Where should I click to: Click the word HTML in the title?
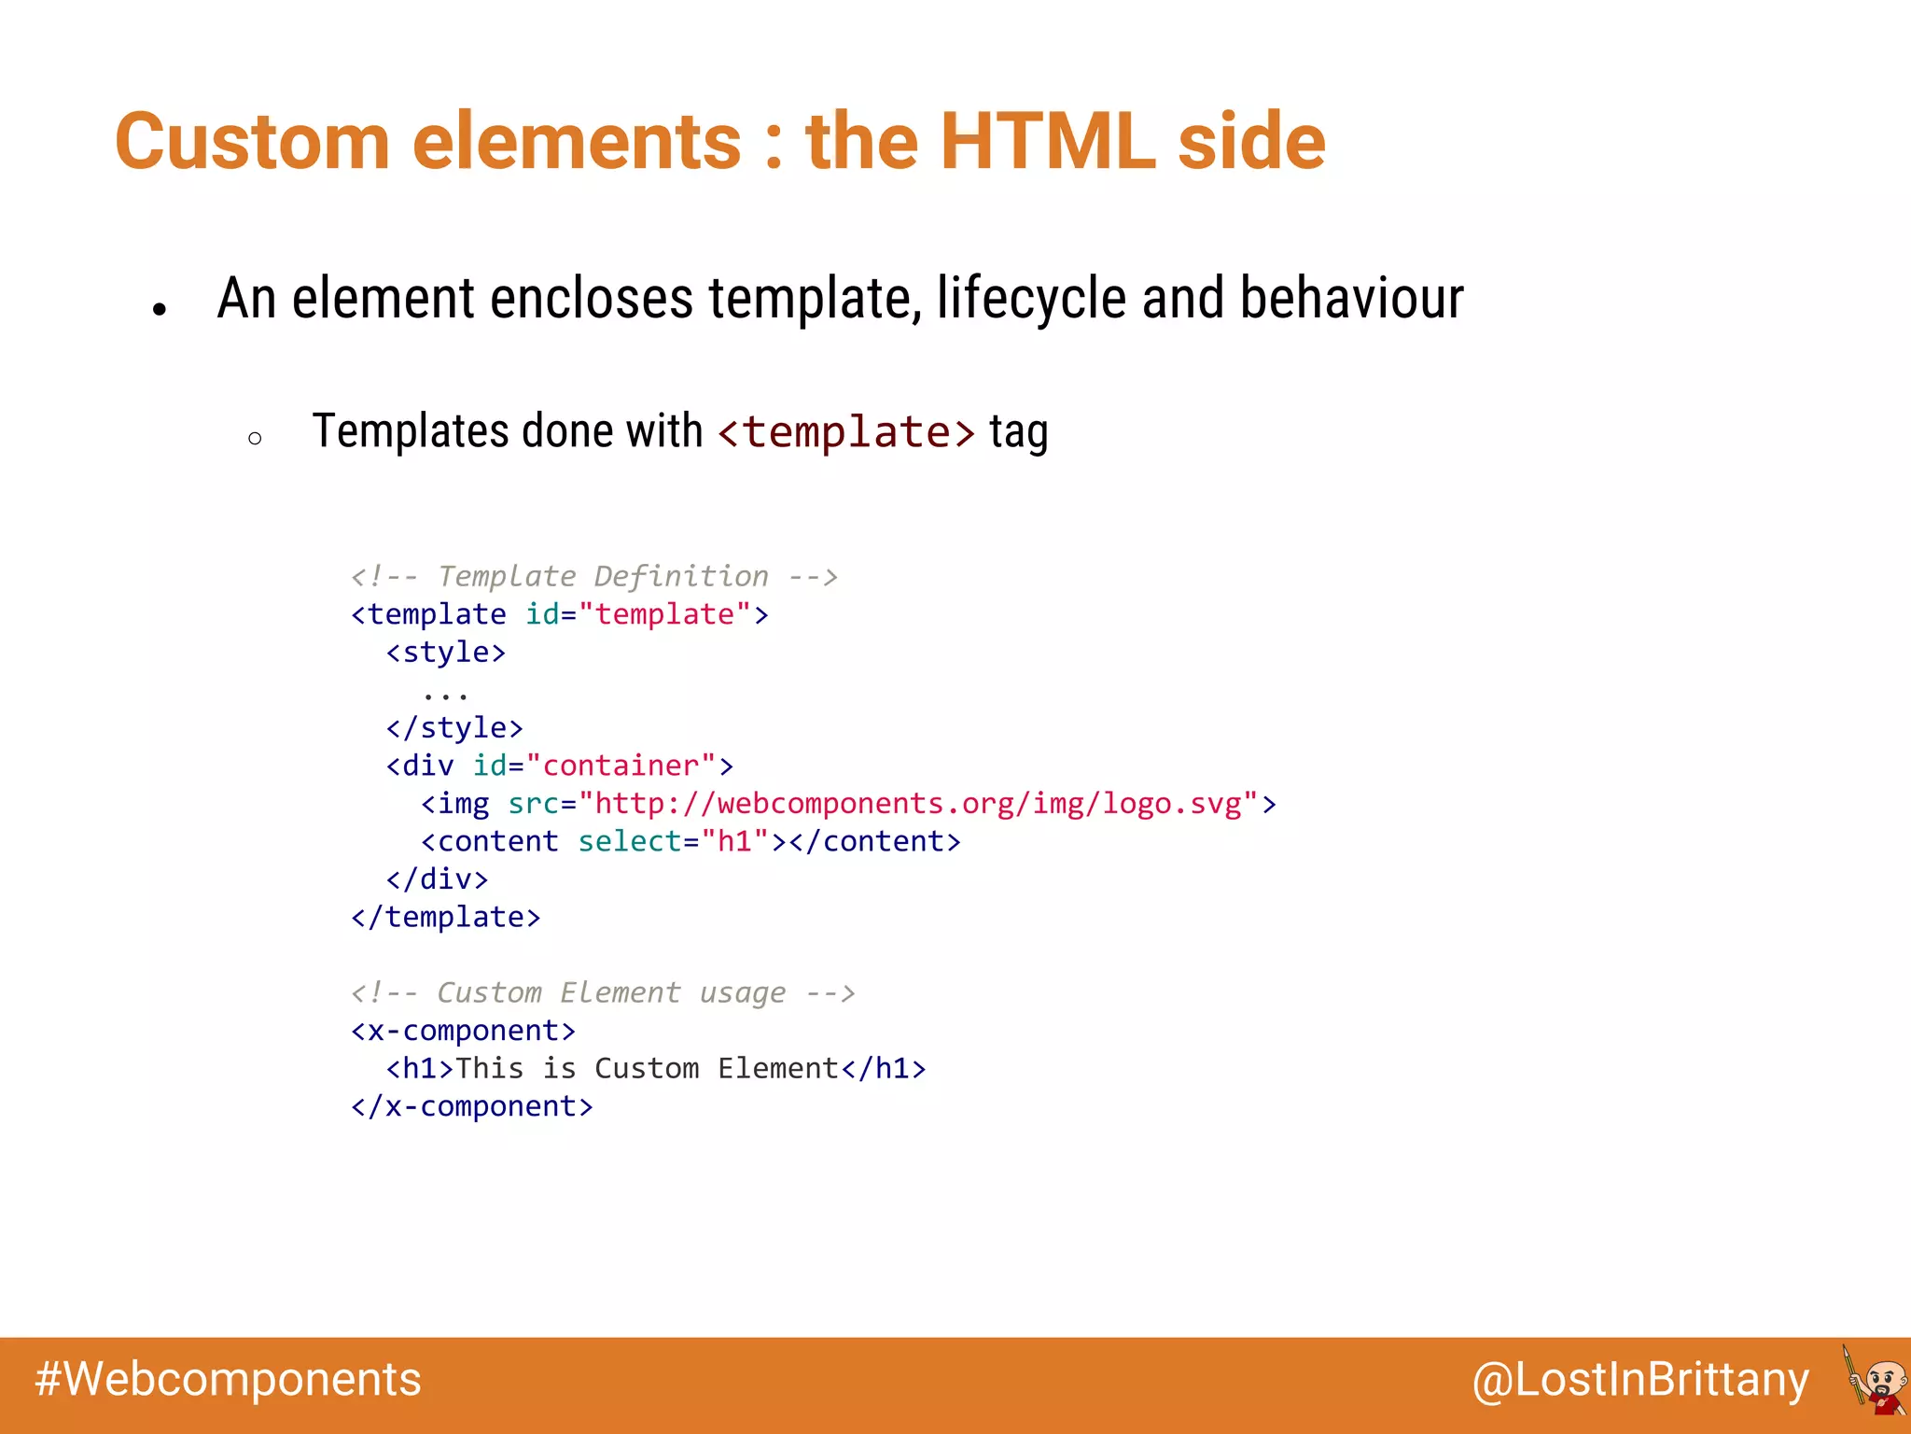(x=1048, y=142)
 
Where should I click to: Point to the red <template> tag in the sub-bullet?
(x=846, y=432)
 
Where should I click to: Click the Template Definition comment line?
(x=594, y=576)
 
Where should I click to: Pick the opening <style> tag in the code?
(x=446, y=652)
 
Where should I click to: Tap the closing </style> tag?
(x=454, y=727)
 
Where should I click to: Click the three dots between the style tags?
(x=445, y=694)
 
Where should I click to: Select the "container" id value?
(x=621, y=766)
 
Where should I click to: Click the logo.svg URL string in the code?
(x=918, y=804)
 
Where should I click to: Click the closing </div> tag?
(x=437, y=879)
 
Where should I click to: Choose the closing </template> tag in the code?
(x=446, y=918)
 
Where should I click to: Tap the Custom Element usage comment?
(x=603, y=992)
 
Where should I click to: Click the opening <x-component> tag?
(x=463, y=1031)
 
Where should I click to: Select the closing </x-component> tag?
(x=471, y=1106)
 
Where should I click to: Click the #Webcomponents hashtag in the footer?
(x=229, y=1380)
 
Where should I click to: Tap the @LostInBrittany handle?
(x=1640, y=1380)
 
